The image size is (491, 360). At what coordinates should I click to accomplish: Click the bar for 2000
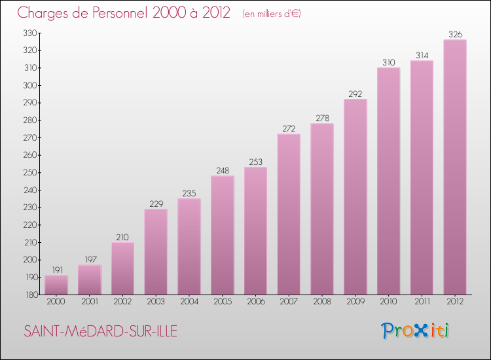tap(56, 285)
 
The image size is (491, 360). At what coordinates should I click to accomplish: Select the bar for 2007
tap(289, 214)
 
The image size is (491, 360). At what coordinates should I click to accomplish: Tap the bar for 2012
tap(455, 167)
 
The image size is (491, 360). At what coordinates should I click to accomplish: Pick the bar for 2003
tap(156, 251)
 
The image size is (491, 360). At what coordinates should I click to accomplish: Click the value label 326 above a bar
tap(455, 33)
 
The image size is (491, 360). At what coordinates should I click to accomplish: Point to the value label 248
tap(223, 170)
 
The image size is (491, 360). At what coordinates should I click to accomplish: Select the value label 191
tap(56, 270)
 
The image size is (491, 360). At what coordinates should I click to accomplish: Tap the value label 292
tap(355, 94)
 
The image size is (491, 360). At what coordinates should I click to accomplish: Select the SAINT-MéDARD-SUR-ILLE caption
tap(100, 331)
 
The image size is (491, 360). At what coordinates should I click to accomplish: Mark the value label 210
tap(122, 237)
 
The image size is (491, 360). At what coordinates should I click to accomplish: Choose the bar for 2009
tap(355, 196)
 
